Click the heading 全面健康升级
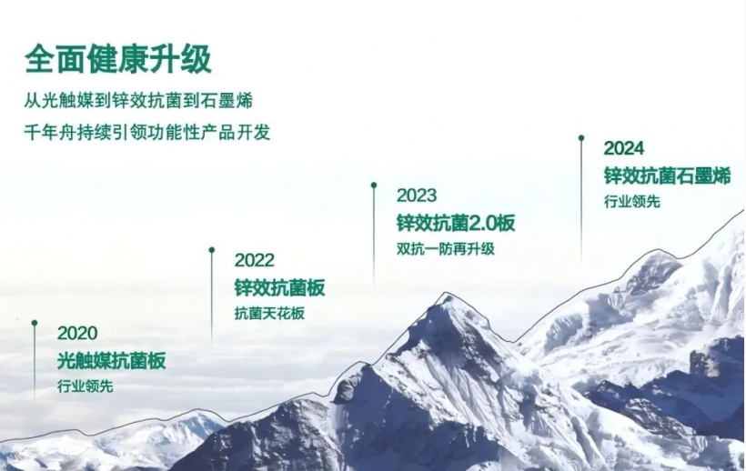click(x=118, y=59)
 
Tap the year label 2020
click(x=76, y=334)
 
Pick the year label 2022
click(x=254, y=261)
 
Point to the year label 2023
click(x=416, y=195)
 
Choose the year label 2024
click(x=623, y=148)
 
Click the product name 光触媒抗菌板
click(x=111, y=361)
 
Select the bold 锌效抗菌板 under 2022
click(x=279, y=288)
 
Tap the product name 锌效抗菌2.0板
click(x=456, y=223)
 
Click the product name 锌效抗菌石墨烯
click(x=667, y=175)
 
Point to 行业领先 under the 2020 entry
click(x=85, y=386)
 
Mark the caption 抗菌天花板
click(x=269, y=314)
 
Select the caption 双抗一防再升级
click(x=446, y=248)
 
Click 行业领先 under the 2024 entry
click(x=631, y=201)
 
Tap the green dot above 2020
click(x=35, y=323)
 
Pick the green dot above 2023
click(x=374, y=185)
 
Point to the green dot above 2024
click(x=580, y=138)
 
